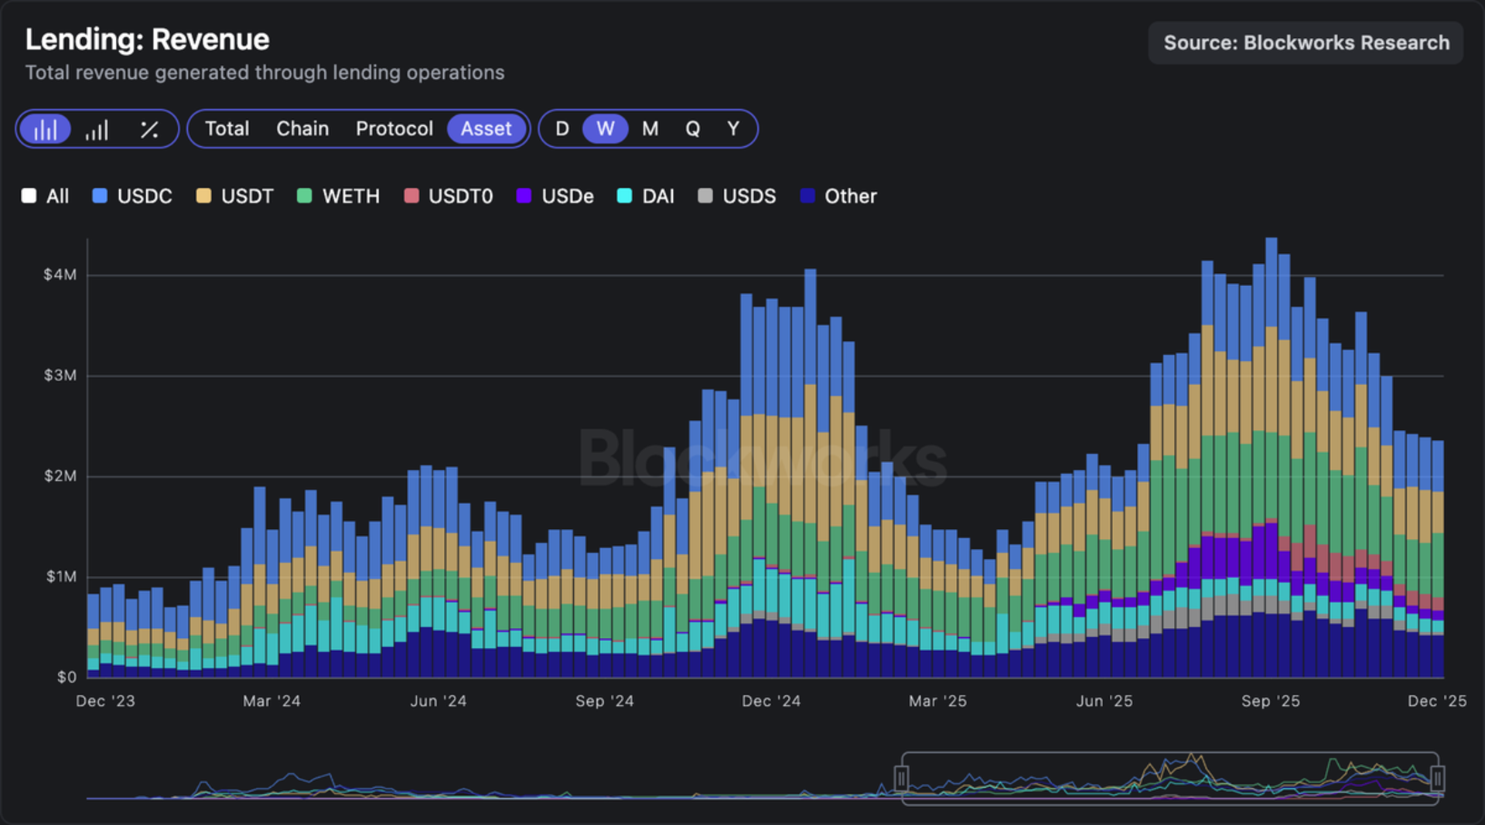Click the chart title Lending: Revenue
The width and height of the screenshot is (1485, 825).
[x=147, y=39]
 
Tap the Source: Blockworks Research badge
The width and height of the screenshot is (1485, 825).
[x=1306, y=43]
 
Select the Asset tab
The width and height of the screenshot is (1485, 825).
[x=486, y=128]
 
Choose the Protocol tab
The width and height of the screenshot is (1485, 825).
[x=394, y=128]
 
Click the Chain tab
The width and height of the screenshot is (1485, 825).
[x=302, y=128]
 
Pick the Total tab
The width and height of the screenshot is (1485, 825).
[x=227, y=128]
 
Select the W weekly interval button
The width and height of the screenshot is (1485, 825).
[x=605, y=128]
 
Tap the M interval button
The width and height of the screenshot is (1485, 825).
[x=650, y=128]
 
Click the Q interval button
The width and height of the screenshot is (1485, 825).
[x=692, y=128]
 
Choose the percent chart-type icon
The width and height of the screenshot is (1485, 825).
[x=149, y=129]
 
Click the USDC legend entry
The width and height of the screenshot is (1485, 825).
[x=132, y=196]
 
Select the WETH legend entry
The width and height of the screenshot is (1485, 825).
[x=339, y=196]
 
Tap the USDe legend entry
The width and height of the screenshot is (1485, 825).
[x=555, y=196]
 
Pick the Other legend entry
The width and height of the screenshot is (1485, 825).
[x=838, y=196]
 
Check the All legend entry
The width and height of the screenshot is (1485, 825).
[x=46, y=196]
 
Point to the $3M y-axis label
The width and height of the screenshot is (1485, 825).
[x=60, y=376]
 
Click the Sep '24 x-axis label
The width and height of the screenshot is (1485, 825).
[x=604, y=701]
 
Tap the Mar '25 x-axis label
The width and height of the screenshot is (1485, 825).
[x=937, y=701]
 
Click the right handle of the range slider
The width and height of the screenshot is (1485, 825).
[x=1437, y=778]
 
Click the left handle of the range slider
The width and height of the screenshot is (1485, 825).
[x=901, y=778]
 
